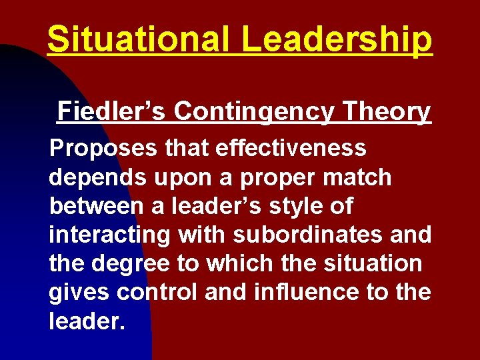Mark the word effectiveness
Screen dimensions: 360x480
[x=292, y=149]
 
